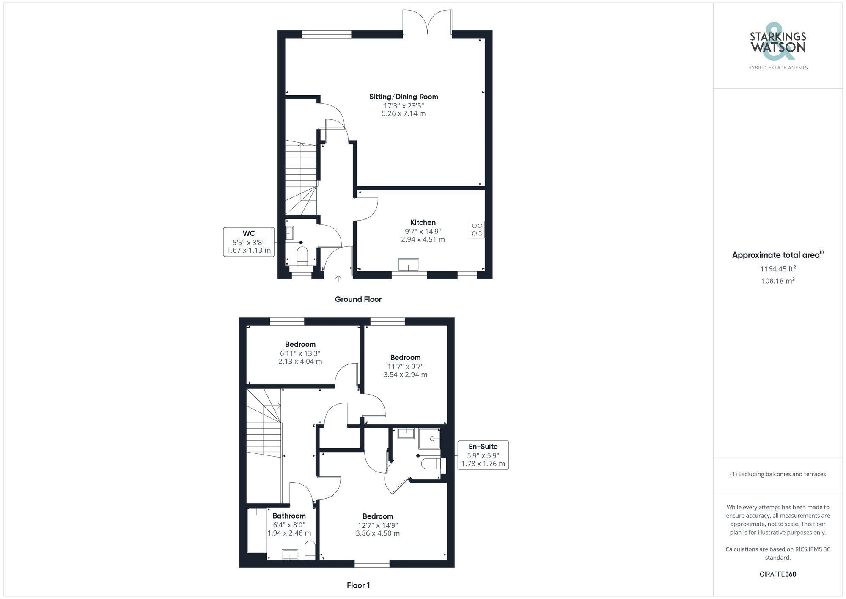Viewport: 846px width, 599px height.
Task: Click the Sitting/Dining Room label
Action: point(404,97)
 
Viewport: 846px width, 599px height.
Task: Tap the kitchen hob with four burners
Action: point(477,229)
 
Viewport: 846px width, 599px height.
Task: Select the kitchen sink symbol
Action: point(408,265)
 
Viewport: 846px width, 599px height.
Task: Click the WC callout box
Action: point(249,242)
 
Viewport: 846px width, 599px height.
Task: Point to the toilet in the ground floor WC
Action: point(302,256)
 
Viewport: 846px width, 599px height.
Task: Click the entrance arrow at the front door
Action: point(338,278)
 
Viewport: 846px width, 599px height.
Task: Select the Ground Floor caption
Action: point(358,299)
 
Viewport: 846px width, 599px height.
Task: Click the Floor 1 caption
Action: point(358,585)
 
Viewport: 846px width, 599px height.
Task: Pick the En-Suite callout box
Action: point(483,455)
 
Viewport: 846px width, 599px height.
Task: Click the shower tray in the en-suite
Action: point(429,439)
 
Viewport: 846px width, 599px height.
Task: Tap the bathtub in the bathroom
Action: point(257,530)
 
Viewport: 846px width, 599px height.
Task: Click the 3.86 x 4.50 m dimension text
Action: point(377,533)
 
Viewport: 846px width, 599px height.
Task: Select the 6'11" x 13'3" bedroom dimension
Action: point(300,353)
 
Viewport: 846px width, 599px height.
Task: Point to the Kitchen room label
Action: point(423,222)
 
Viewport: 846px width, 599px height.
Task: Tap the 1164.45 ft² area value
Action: point(777,269)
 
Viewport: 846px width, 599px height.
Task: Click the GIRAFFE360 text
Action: point(777,574)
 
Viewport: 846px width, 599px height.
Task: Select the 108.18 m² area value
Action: point(777,281)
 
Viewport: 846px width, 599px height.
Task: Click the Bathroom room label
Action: point(289,516)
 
